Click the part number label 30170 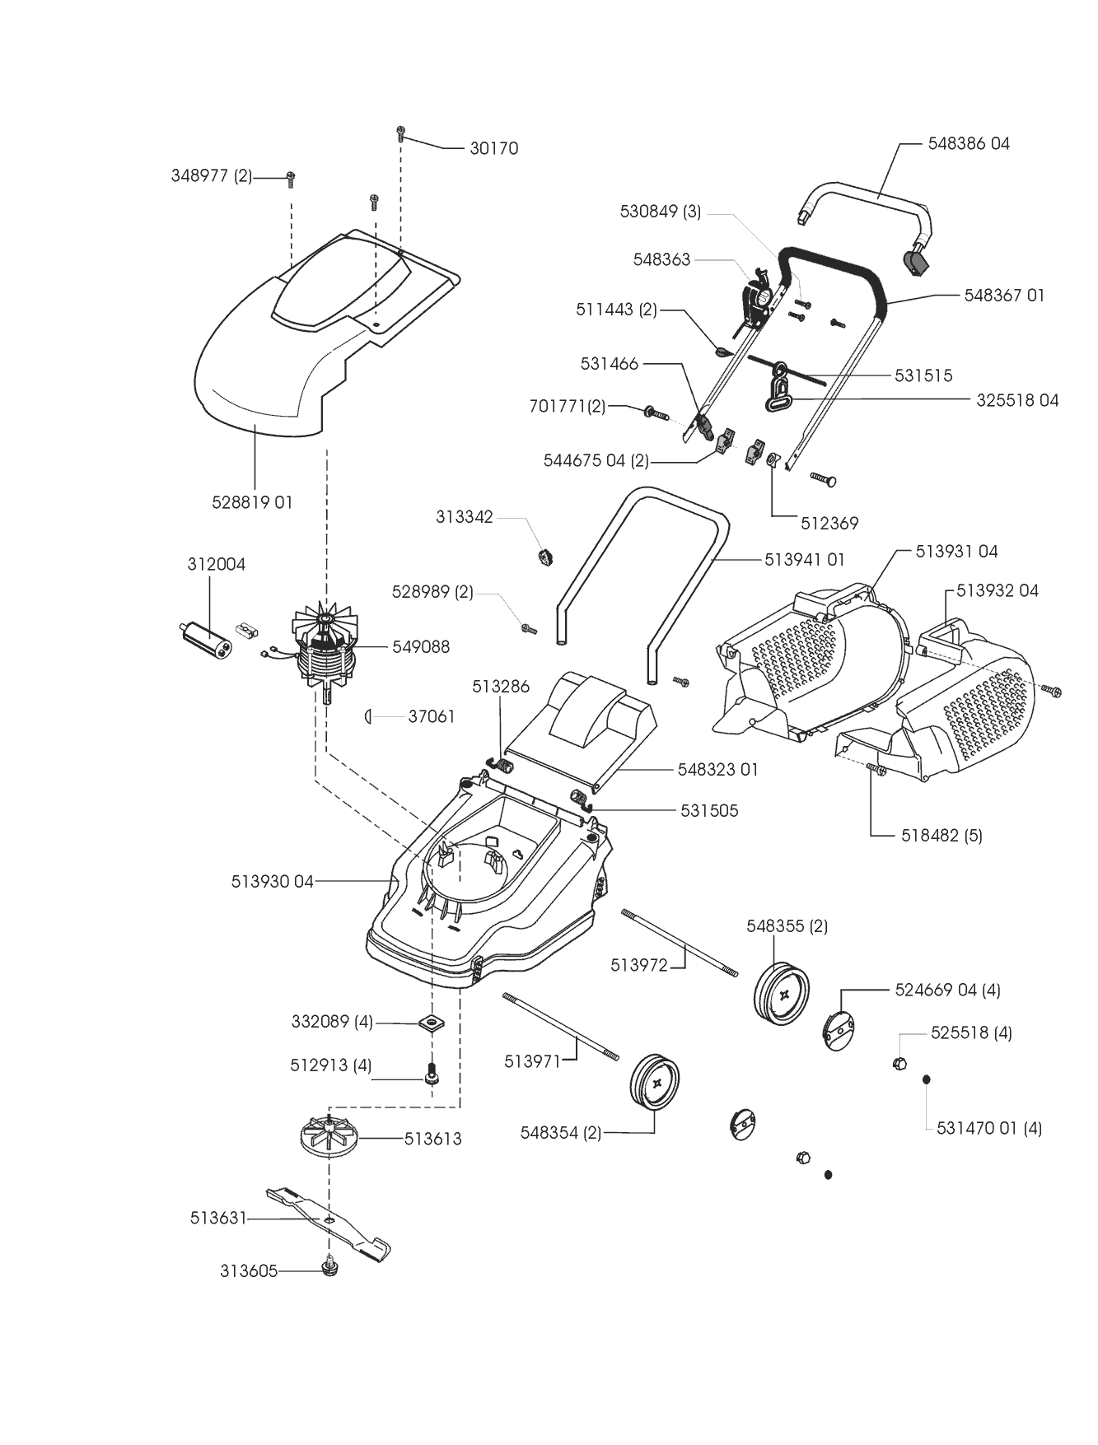[494, 148]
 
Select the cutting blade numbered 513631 [329, 1222]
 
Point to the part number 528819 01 [252, 502]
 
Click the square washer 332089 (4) [430, 1023]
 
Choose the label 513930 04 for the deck [273, 882]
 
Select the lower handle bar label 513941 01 [805, 559]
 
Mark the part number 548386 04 [969, 143]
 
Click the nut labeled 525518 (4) [899, 1063]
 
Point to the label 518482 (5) [941, 836]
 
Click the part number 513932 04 [998, 590]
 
